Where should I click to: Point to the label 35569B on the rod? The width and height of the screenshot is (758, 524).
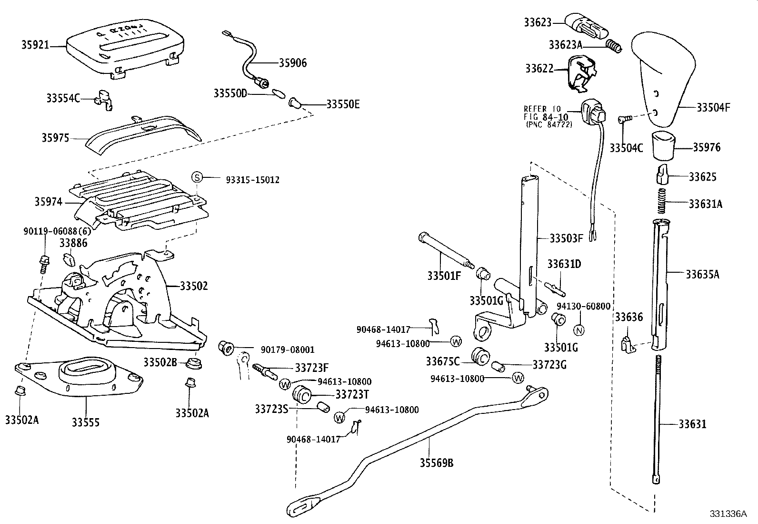[436, 462]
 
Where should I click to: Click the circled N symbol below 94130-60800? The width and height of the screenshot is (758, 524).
[579, 330]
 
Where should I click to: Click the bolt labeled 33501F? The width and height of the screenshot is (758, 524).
[443, 250]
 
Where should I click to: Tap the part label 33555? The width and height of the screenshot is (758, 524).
[86, 422]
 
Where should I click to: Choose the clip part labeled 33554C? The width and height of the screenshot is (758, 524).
[105, 98]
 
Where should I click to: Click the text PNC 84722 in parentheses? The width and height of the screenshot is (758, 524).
[549, 124]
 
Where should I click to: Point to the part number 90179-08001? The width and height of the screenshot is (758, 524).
[288, 349]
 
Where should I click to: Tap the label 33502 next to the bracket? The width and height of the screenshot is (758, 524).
[194, 286]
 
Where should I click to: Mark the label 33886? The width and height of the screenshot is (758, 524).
[74, 243]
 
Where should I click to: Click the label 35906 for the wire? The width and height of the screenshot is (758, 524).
[293, 63]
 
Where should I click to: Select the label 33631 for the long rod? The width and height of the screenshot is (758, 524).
[692, 424]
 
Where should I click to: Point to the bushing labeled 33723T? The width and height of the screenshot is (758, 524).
[302, 395]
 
